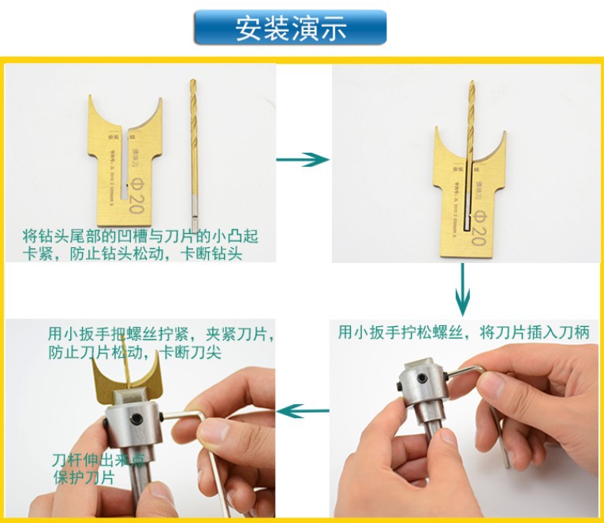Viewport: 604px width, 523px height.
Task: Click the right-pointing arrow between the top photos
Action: (x=302, y=159)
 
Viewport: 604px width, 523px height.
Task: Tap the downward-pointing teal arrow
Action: (x=463, y=289)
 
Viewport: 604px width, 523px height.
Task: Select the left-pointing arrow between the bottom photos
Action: (x=304, y=410)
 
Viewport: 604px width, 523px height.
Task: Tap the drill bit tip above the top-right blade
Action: (x=472, y=88)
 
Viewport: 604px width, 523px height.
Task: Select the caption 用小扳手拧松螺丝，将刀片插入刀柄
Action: (x=464, y=332)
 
